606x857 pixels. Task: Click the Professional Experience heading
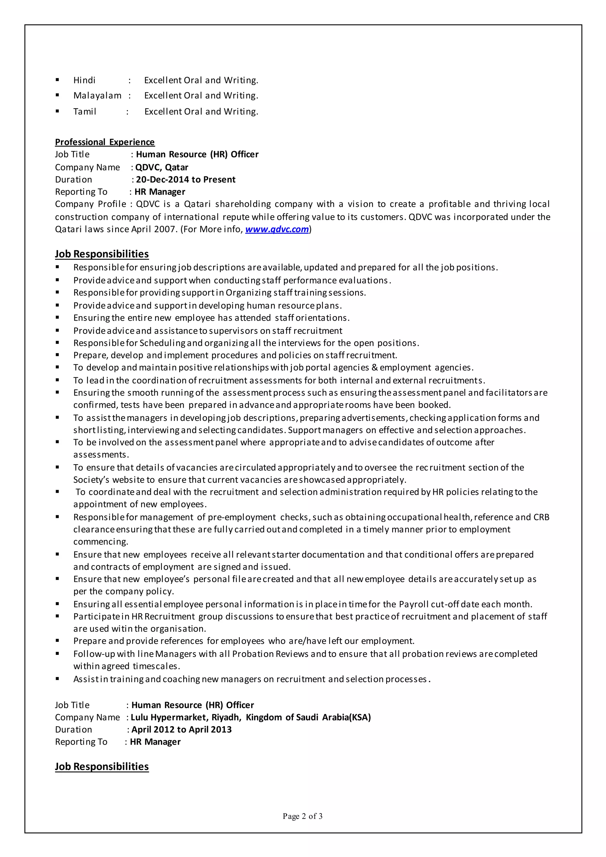tap(104, 142)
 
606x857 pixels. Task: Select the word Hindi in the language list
tap(84, 80)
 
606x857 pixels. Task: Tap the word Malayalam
tap(97, 96)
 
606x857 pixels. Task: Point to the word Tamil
tap(85, 112)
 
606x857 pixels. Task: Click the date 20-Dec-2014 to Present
tap(186, 180)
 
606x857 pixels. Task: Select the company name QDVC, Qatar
tap(162, 167)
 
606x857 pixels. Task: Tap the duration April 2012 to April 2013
tap(181, 729)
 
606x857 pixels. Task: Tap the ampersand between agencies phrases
tap(375, 368)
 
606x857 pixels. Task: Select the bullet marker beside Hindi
tap(57, 80)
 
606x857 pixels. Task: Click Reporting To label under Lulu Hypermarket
tap(81, 742)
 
